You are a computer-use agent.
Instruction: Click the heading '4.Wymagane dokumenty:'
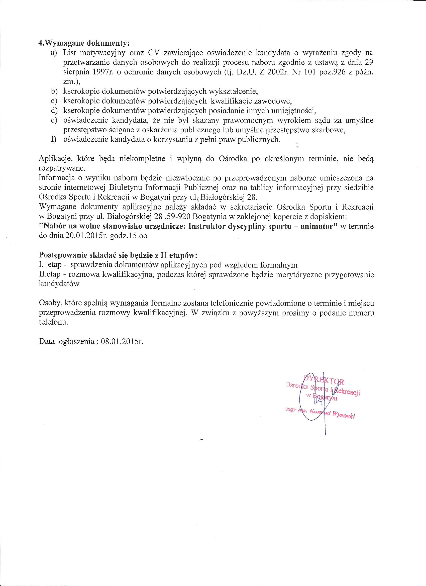pyautogui.click(x=84, y=43)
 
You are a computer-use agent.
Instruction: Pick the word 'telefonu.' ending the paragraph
pyautogui.click(x=53, y=323)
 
